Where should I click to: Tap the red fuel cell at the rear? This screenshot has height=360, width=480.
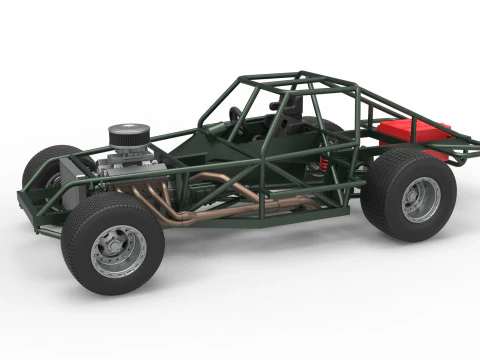point(412,133)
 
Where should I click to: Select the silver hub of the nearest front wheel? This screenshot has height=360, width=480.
point(119,251)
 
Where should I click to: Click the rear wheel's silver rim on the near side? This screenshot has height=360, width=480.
point(420,198)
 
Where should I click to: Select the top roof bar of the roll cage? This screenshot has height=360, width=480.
point(290,77)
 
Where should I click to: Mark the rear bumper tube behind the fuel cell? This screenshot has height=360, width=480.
point(462,150)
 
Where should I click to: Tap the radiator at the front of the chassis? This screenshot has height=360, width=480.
point(75,185)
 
